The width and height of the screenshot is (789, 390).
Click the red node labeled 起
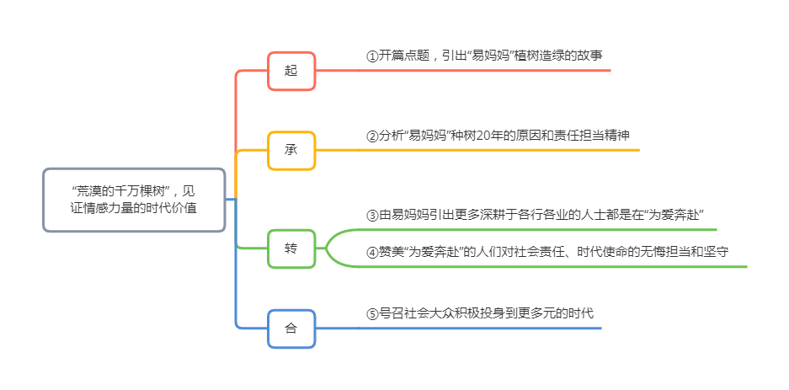click(291, 71)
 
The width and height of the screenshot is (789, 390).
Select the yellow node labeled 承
click(291, 151)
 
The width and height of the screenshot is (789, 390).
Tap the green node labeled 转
click(291, 248)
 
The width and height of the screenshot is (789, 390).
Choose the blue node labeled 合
click(291, 329)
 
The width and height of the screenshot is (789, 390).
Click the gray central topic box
click(135, 200)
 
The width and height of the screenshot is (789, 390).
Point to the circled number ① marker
click(372, 56)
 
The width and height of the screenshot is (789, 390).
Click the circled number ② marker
click(372, 136)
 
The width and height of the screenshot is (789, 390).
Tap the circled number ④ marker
click(372, 252)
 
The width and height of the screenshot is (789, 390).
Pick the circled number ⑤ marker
click(372, 313)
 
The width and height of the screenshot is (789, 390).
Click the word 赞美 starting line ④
click(392, 252)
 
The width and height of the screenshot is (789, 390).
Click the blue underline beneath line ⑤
click(480, 328)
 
